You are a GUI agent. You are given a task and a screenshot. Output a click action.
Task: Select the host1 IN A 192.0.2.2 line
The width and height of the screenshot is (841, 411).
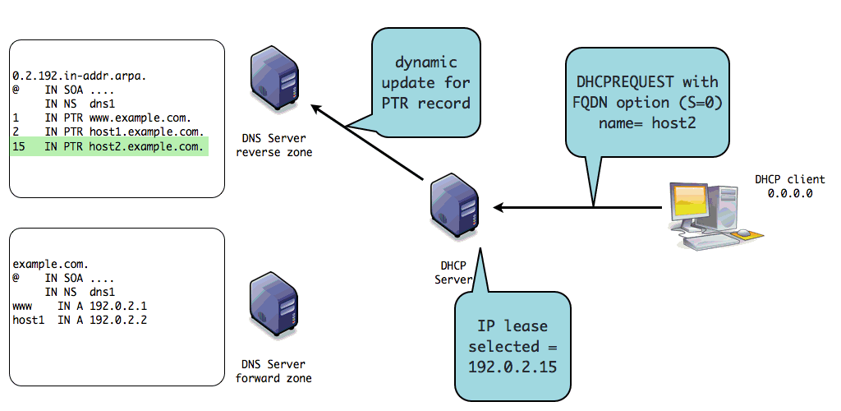pos(80,320)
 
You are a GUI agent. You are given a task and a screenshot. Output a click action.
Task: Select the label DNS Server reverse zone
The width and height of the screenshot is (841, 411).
pos(273,145)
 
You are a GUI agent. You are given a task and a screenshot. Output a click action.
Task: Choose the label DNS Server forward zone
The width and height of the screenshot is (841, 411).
pos(273,371)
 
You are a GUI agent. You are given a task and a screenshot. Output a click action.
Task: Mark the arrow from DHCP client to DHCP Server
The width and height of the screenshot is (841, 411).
pos(575,206)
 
